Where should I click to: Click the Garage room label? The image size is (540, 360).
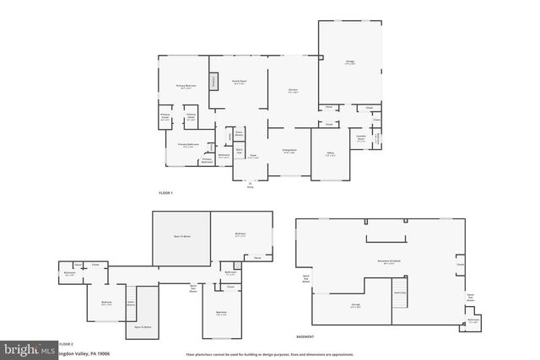click(349, 62)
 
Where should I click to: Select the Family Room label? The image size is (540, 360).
click(239, 83)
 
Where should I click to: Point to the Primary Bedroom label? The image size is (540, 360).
click(186, 87)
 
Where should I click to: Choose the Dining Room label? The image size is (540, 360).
click(289, 152)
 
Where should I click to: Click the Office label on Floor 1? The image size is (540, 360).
click(328, 154)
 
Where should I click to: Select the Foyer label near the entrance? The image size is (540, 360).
click(251, 156)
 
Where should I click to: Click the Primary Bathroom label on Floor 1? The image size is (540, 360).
click(186, 146)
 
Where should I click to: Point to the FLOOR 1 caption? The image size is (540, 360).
click(165, 193)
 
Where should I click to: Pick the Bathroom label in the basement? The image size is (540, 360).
click(474, 321)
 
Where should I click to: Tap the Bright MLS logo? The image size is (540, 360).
click(28, 348)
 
